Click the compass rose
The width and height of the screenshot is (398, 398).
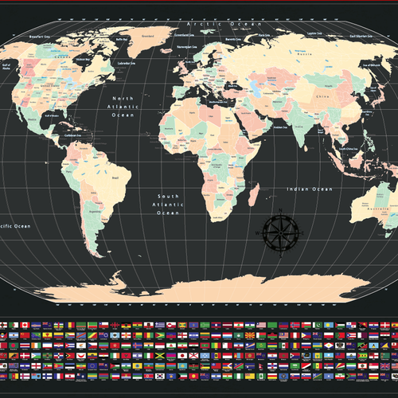click(x=280, y=231)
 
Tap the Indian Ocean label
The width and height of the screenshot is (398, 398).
click(x=310, y=189)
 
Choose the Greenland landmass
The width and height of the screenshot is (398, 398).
click(x=147, y=44)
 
